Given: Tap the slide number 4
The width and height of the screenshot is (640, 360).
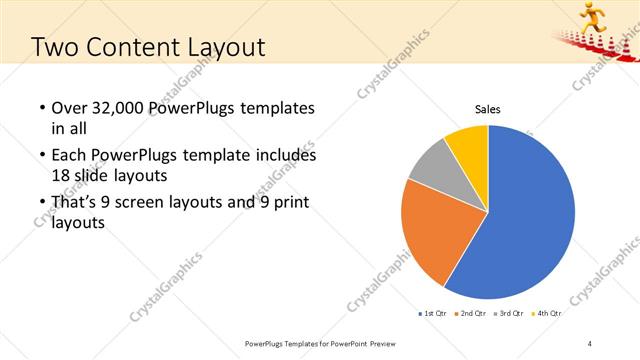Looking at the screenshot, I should (590, 343).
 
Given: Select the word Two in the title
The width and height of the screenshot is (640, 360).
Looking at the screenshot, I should (56, 47).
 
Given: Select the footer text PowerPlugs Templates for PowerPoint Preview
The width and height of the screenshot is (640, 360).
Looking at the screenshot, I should (320, 343).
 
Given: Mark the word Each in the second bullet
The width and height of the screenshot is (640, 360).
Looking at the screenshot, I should (68, 156).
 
